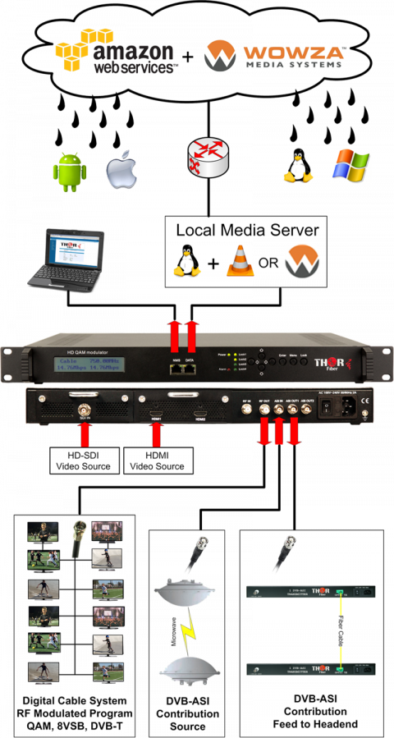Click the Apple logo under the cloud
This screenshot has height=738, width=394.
(x=119, y=170)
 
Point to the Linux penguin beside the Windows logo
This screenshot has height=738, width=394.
(x=297, y=165)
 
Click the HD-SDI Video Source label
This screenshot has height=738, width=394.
(x=82, y=461)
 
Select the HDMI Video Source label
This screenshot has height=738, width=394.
(x=158, y=461)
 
